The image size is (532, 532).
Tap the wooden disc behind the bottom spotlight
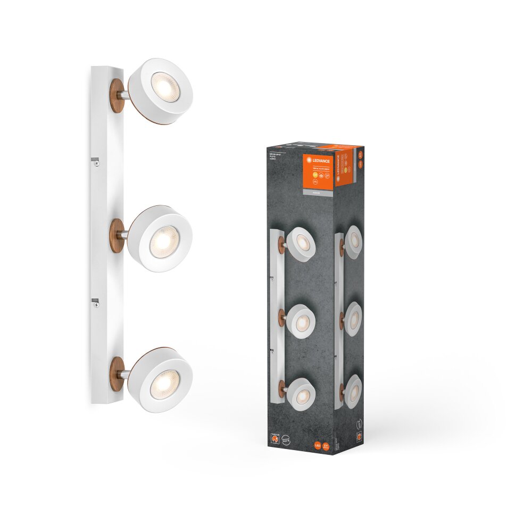click(x=117, y=372)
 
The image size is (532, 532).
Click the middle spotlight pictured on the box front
click(x=302, y=320)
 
